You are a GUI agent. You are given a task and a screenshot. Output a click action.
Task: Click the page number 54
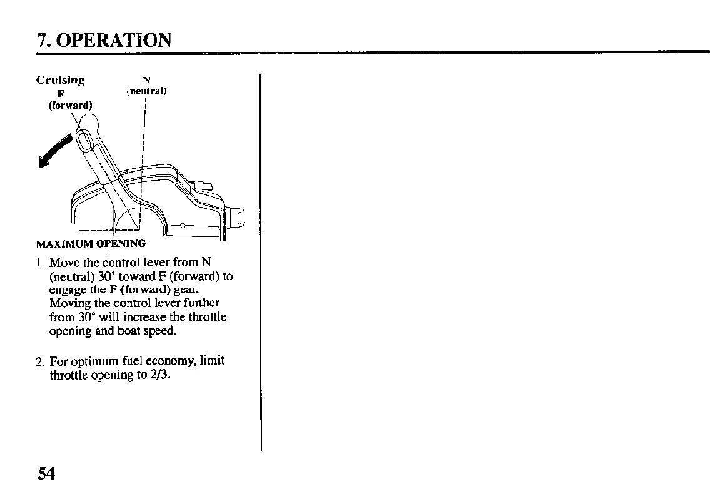point(46,473)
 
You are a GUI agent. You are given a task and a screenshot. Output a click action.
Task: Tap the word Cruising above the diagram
point(60,80)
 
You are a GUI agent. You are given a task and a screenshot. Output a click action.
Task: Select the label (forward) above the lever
point(70,105)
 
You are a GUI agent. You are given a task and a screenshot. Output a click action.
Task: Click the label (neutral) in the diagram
point(146,91)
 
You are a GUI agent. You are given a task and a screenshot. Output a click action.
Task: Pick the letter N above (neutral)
point(146,80)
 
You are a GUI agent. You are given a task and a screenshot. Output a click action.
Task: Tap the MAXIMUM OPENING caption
point(91,243)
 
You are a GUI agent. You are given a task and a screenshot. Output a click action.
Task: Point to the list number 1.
point(39,262)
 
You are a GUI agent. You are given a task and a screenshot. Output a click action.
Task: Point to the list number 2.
point(39,361)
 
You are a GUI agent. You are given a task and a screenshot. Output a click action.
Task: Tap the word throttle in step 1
point(209,317)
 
